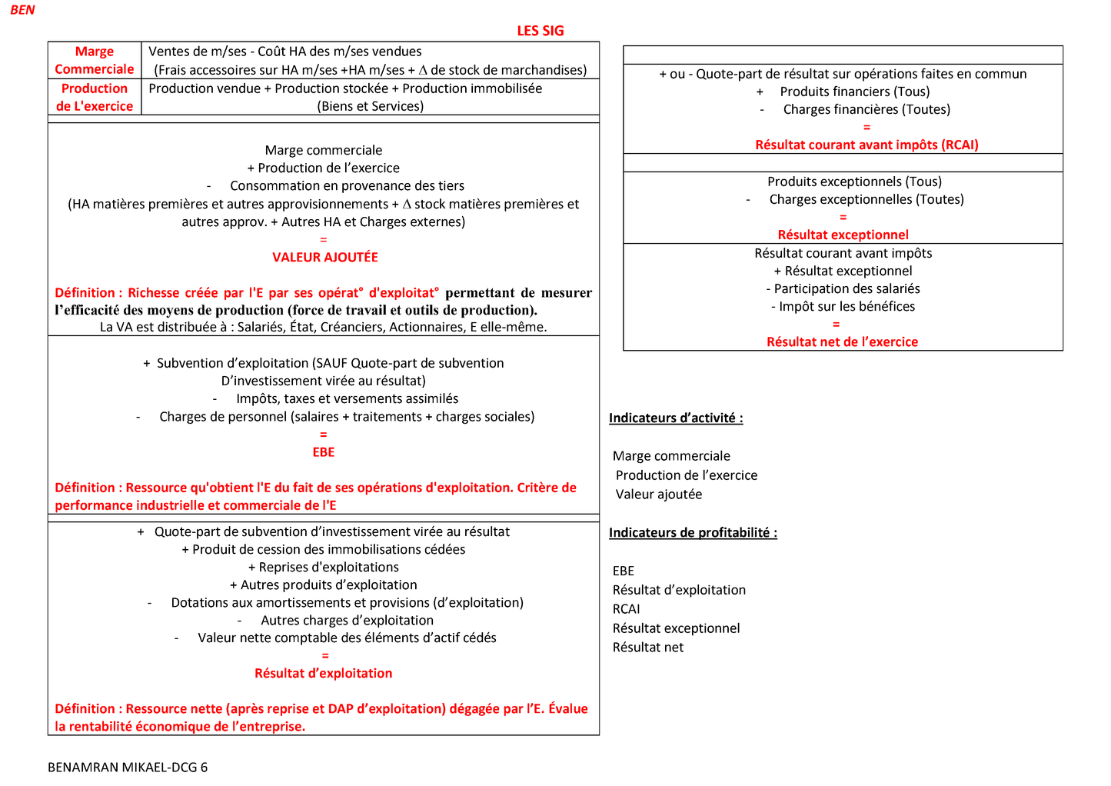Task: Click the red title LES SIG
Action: [540, 31]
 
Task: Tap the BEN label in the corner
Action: [22, 10]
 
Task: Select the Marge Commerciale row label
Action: [95, 60]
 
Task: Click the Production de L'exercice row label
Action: [95, 97]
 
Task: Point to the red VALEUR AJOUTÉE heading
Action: [324, 257]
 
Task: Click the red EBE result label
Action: [323, 452]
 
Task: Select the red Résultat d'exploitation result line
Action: [323, 673]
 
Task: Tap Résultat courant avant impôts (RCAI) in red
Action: [867, 145]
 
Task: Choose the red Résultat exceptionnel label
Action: [843, 235]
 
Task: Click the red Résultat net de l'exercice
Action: [842, 341]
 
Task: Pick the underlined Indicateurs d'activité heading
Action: [676, 418]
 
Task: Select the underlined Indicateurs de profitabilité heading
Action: [693, 532]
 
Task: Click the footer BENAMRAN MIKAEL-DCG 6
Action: [128, 767]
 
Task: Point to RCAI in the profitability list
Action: [626, 609]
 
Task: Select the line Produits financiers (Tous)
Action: [854, 92]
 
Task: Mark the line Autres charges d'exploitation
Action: [347, 620]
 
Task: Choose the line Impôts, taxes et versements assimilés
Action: [347, 398]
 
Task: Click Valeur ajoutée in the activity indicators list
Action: [658, 495]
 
